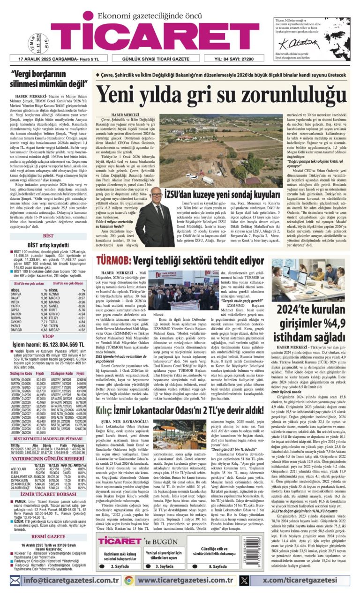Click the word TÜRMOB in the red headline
tap(114, 260)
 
